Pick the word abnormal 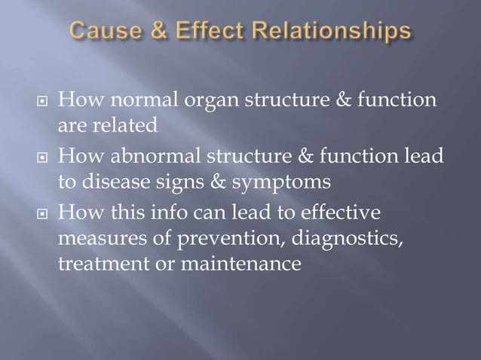[x=155, y=157]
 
